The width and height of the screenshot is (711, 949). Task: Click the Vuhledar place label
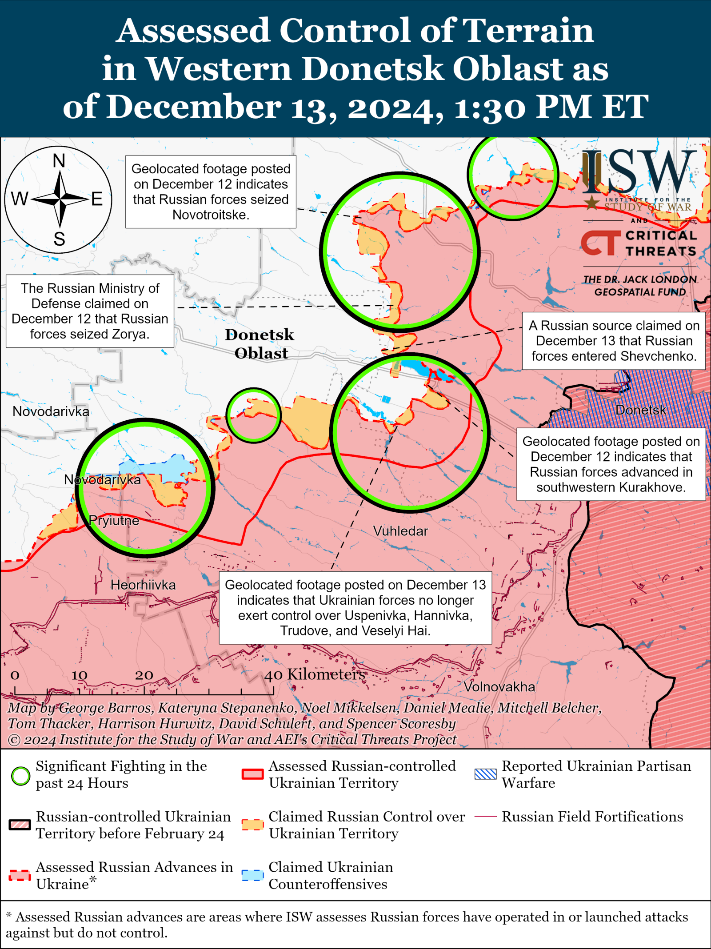tap(400, 531)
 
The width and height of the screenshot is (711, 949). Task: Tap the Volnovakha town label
tap(499, 687)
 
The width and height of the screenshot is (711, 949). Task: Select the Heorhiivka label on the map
tap(143, 585)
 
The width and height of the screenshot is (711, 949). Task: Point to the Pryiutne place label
tap(114, 520)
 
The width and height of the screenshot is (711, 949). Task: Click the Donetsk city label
tap(641, 410)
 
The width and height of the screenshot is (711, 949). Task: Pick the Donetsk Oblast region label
tap(260, 344)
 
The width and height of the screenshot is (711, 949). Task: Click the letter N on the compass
tap(59, 161)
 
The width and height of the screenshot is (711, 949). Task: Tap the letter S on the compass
tap(59, 239)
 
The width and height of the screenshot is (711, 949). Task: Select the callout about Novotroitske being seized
tap(211, 191)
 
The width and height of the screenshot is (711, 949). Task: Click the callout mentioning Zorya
tap(90, 311)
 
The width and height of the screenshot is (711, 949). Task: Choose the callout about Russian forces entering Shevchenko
tap(614, 341)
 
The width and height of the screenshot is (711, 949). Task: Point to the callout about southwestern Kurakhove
tap(611, 464)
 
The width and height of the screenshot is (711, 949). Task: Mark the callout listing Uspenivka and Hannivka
tap(355, 607)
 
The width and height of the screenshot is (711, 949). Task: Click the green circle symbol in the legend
tap(20, 776)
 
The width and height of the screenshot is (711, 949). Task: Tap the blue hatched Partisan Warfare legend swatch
tap(485, 774)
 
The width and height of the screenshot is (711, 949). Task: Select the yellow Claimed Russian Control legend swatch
tap(252, 825)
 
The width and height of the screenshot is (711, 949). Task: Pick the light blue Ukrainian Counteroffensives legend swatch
tap(252, 875)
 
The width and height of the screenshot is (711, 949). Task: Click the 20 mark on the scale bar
tap(144, 675)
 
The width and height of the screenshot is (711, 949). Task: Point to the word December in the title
tap(193, 108)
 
